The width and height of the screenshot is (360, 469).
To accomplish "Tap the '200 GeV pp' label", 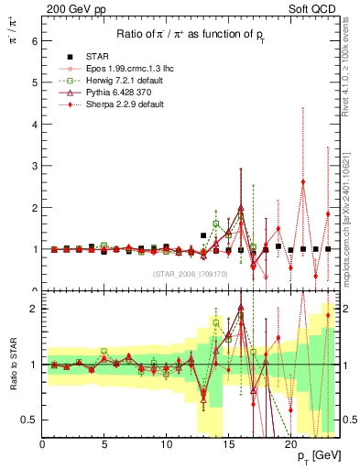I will point(71,7).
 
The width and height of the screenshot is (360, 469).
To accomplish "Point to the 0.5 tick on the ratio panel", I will point(28,420).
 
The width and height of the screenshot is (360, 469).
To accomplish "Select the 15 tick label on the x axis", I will point(228,446).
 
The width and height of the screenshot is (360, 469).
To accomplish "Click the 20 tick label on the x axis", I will point(289,446).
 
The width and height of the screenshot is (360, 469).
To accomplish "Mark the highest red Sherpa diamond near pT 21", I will point(303,181).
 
